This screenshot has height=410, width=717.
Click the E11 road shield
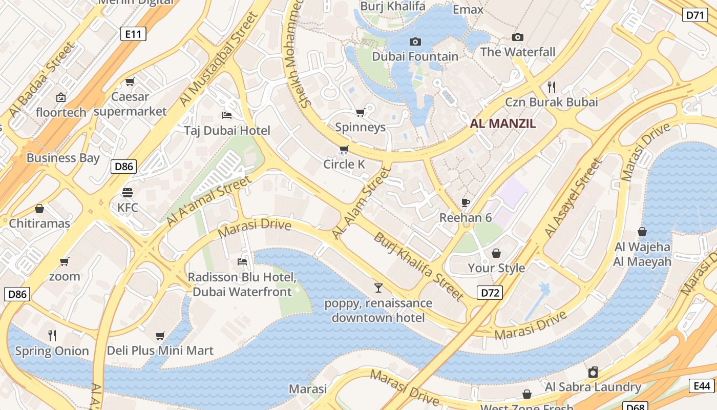[x=133, y=34]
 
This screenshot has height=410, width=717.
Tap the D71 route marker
[x=695, y=15]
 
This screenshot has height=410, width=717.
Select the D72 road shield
[x=490, y=293]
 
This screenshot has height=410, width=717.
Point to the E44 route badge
[x=702, y=386]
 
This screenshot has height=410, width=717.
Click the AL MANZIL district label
[x=503, y=124]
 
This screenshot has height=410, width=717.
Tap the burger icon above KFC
[x=128, y=193]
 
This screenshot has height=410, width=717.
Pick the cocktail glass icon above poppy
[x=378, y=288]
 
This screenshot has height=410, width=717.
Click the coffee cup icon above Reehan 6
[x=466, y=202]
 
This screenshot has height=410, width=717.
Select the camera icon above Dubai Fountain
[x=415, y=42]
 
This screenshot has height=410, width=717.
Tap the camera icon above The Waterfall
[x=518, y=37]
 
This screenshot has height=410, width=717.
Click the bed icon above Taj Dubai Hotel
[x=227, y=115]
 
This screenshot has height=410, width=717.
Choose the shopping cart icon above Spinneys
[x=360, y=112]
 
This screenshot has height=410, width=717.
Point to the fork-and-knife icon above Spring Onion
[x=52, y=336]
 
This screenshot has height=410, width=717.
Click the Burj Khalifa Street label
[x=418, y=266]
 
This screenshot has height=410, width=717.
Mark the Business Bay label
[x=63, y=158]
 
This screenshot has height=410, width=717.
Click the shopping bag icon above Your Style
[x=496, y=253]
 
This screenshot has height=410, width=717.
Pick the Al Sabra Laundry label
[x=593, y=387]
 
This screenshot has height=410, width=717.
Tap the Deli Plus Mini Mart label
[x=160, y=351]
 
